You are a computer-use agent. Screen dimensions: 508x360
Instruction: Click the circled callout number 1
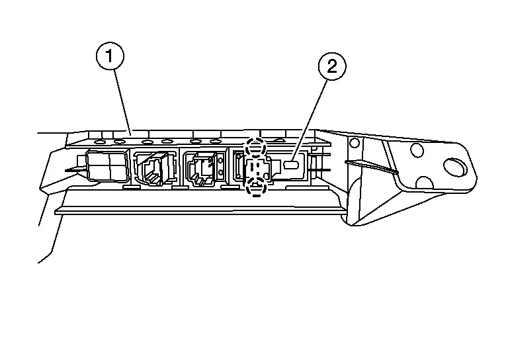tap(110, 56)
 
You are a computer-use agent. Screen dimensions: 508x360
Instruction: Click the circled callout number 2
tap(332, 67)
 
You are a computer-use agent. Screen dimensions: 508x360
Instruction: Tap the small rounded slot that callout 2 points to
tap(291, 165)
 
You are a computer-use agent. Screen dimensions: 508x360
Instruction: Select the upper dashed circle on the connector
tap(255, 147)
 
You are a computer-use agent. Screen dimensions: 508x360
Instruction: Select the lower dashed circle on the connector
tap(256, 187)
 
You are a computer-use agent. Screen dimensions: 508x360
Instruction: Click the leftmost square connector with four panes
tap(108, 166)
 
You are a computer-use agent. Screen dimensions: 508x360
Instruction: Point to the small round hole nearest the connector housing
tap(355, 142)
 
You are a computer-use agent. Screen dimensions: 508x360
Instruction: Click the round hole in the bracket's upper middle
tap(417, 150)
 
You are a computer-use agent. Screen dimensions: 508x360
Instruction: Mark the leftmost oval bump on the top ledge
tap(101, 142)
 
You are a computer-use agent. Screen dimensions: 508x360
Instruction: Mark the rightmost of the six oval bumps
tap(215, 141)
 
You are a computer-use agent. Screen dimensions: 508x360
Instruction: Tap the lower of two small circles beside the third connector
tap(221, 172)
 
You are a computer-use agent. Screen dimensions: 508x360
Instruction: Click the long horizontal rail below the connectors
tap(199, 211)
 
